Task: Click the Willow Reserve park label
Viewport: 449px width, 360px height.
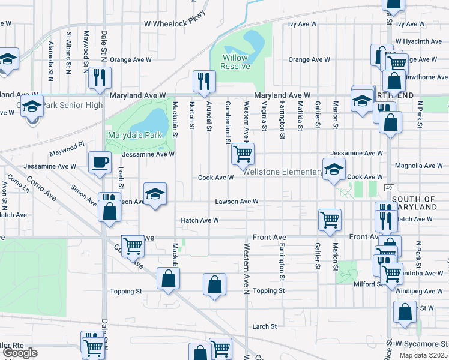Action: [x=235, y=62]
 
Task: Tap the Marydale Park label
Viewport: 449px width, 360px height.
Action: [x=135, y=135]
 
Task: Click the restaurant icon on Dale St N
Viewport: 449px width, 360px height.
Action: [x=100, y=77]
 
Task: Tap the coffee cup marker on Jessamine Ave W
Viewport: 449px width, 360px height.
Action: [x=100, y=161]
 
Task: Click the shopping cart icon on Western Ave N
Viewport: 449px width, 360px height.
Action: [x=243, y=154]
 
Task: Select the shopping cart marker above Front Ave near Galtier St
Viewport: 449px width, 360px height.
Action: [x=330, y=220]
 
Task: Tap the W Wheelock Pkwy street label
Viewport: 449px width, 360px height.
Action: [x=175, y=23]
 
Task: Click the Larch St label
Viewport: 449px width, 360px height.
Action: [x=264, y=326]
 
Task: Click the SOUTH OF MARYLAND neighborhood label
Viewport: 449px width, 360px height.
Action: [x=414, y=203]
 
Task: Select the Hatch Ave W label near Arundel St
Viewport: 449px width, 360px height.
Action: [x=200, y=220]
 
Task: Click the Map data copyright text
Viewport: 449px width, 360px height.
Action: [x=423, y=355]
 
